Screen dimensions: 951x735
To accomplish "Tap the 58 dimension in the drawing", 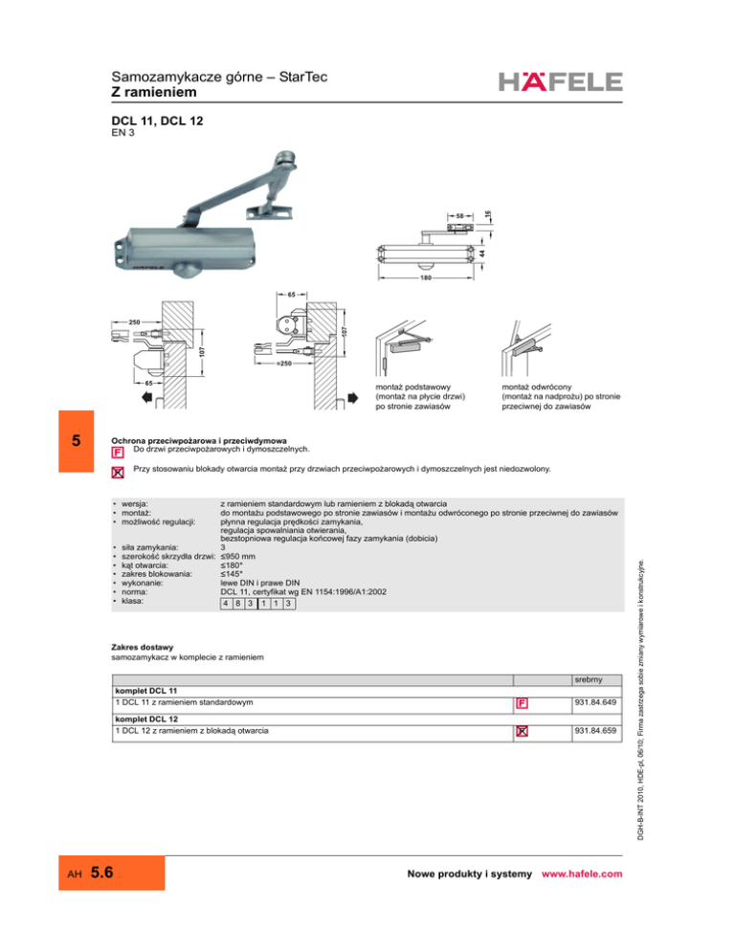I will point(459,216).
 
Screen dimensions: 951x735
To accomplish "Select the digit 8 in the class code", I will point(236,605).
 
